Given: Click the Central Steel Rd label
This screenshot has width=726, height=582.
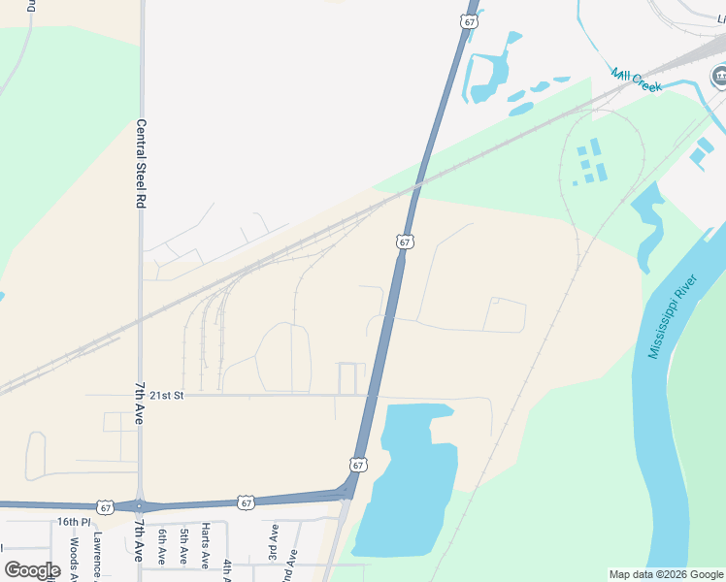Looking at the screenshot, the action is (x=140, y=164).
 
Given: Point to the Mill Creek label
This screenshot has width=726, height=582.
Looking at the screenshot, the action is (x=636, y=80).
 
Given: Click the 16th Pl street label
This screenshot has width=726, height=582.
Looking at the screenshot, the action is (x=72, y=522).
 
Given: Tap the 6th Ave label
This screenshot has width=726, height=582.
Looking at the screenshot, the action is (x=161, y=547).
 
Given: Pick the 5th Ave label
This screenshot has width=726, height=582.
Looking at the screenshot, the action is (x=183, y=547).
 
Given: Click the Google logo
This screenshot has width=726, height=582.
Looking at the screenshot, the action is (x=32, y=569).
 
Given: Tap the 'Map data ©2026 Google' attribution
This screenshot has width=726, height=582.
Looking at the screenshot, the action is (x=665, y=574).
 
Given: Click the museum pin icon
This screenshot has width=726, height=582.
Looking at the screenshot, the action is (x=719, y=76).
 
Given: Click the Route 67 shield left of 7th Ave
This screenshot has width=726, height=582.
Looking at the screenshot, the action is (x=105, y=506).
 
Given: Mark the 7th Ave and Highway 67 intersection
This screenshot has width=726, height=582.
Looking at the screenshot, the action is (x=141, y=505).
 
